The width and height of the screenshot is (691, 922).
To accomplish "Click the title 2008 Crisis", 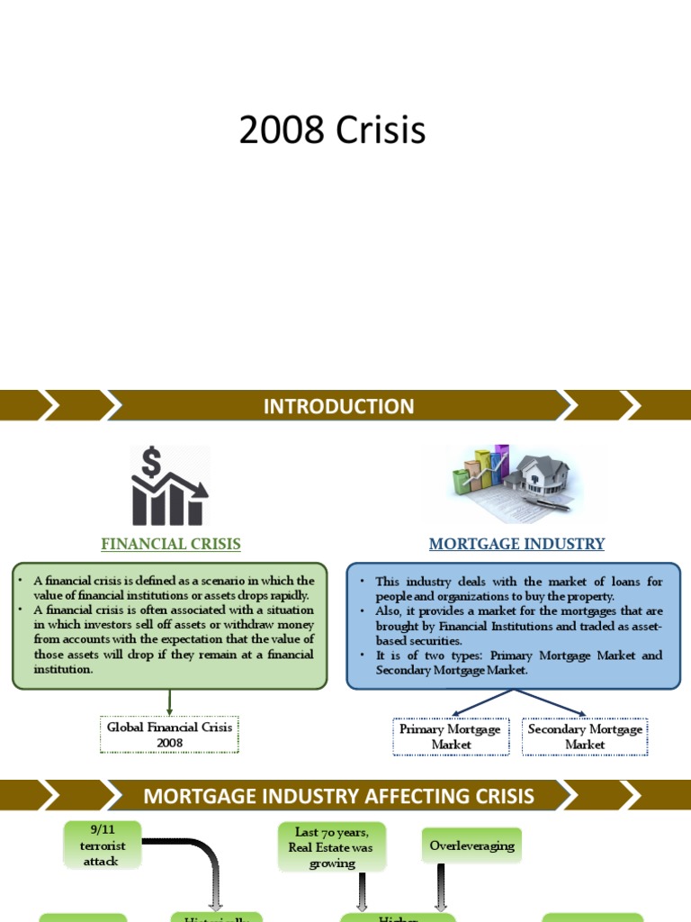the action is (332, 131).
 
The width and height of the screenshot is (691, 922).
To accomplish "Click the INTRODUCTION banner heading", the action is (338, 406).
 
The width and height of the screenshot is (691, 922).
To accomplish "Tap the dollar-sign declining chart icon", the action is (169, 486).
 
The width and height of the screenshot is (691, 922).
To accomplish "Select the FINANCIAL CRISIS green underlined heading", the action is (171, 544).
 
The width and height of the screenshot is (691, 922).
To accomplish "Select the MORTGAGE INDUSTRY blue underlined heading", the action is (516, 544).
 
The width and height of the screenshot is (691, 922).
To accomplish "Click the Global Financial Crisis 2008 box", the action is (169, 735).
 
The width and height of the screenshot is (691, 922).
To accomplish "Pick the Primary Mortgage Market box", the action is (451, 737).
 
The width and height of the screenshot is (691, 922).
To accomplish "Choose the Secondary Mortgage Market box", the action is (585, 737).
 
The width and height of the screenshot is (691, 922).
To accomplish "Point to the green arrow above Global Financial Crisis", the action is (169, 702).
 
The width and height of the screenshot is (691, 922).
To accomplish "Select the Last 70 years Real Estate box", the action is (331, 847).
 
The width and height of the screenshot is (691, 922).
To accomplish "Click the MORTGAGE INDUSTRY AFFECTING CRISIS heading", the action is (339, 796).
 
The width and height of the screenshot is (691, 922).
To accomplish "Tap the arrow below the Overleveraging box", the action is (441, 887).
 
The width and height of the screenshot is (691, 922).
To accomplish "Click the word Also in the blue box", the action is (390, 611).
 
